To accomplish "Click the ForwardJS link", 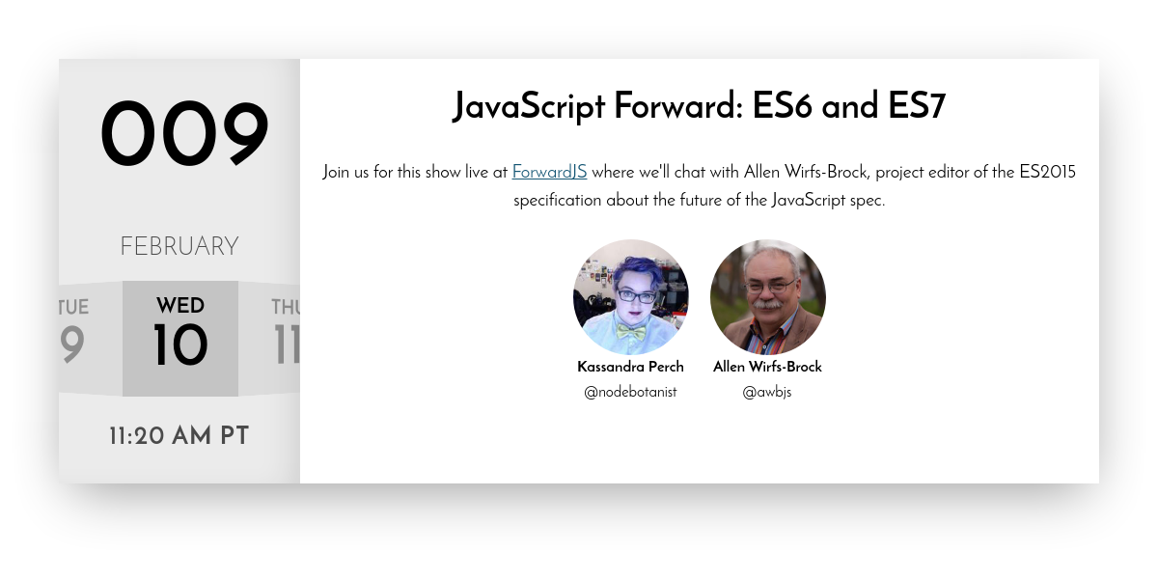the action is [549, 172].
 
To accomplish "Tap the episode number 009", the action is [184, 133].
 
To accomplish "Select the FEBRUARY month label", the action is [179, 246].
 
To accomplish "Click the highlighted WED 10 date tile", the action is [180, 339].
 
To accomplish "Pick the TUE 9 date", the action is [72, 330].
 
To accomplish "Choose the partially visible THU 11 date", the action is [286, 331].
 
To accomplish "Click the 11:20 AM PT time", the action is [179, 436].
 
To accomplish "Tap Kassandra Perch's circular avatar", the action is [631, 297].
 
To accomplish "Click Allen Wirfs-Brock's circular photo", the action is [768, 297].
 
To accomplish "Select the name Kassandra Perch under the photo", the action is [630, 367].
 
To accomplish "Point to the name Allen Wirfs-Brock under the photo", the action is [767, 367].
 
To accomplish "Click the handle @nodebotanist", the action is [630, 392].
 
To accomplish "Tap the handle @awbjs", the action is [767, 393].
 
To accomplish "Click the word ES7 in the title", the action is [917, 105].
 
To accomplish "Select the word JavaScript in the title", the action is [529, 107].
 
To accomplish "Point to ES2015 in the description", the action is [1047, 172].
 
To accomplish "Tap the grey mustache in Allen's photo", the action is [765, 303].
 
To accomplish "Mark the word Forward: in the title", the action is [678, 105].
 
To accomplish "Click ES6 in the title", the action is [782, 105].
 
